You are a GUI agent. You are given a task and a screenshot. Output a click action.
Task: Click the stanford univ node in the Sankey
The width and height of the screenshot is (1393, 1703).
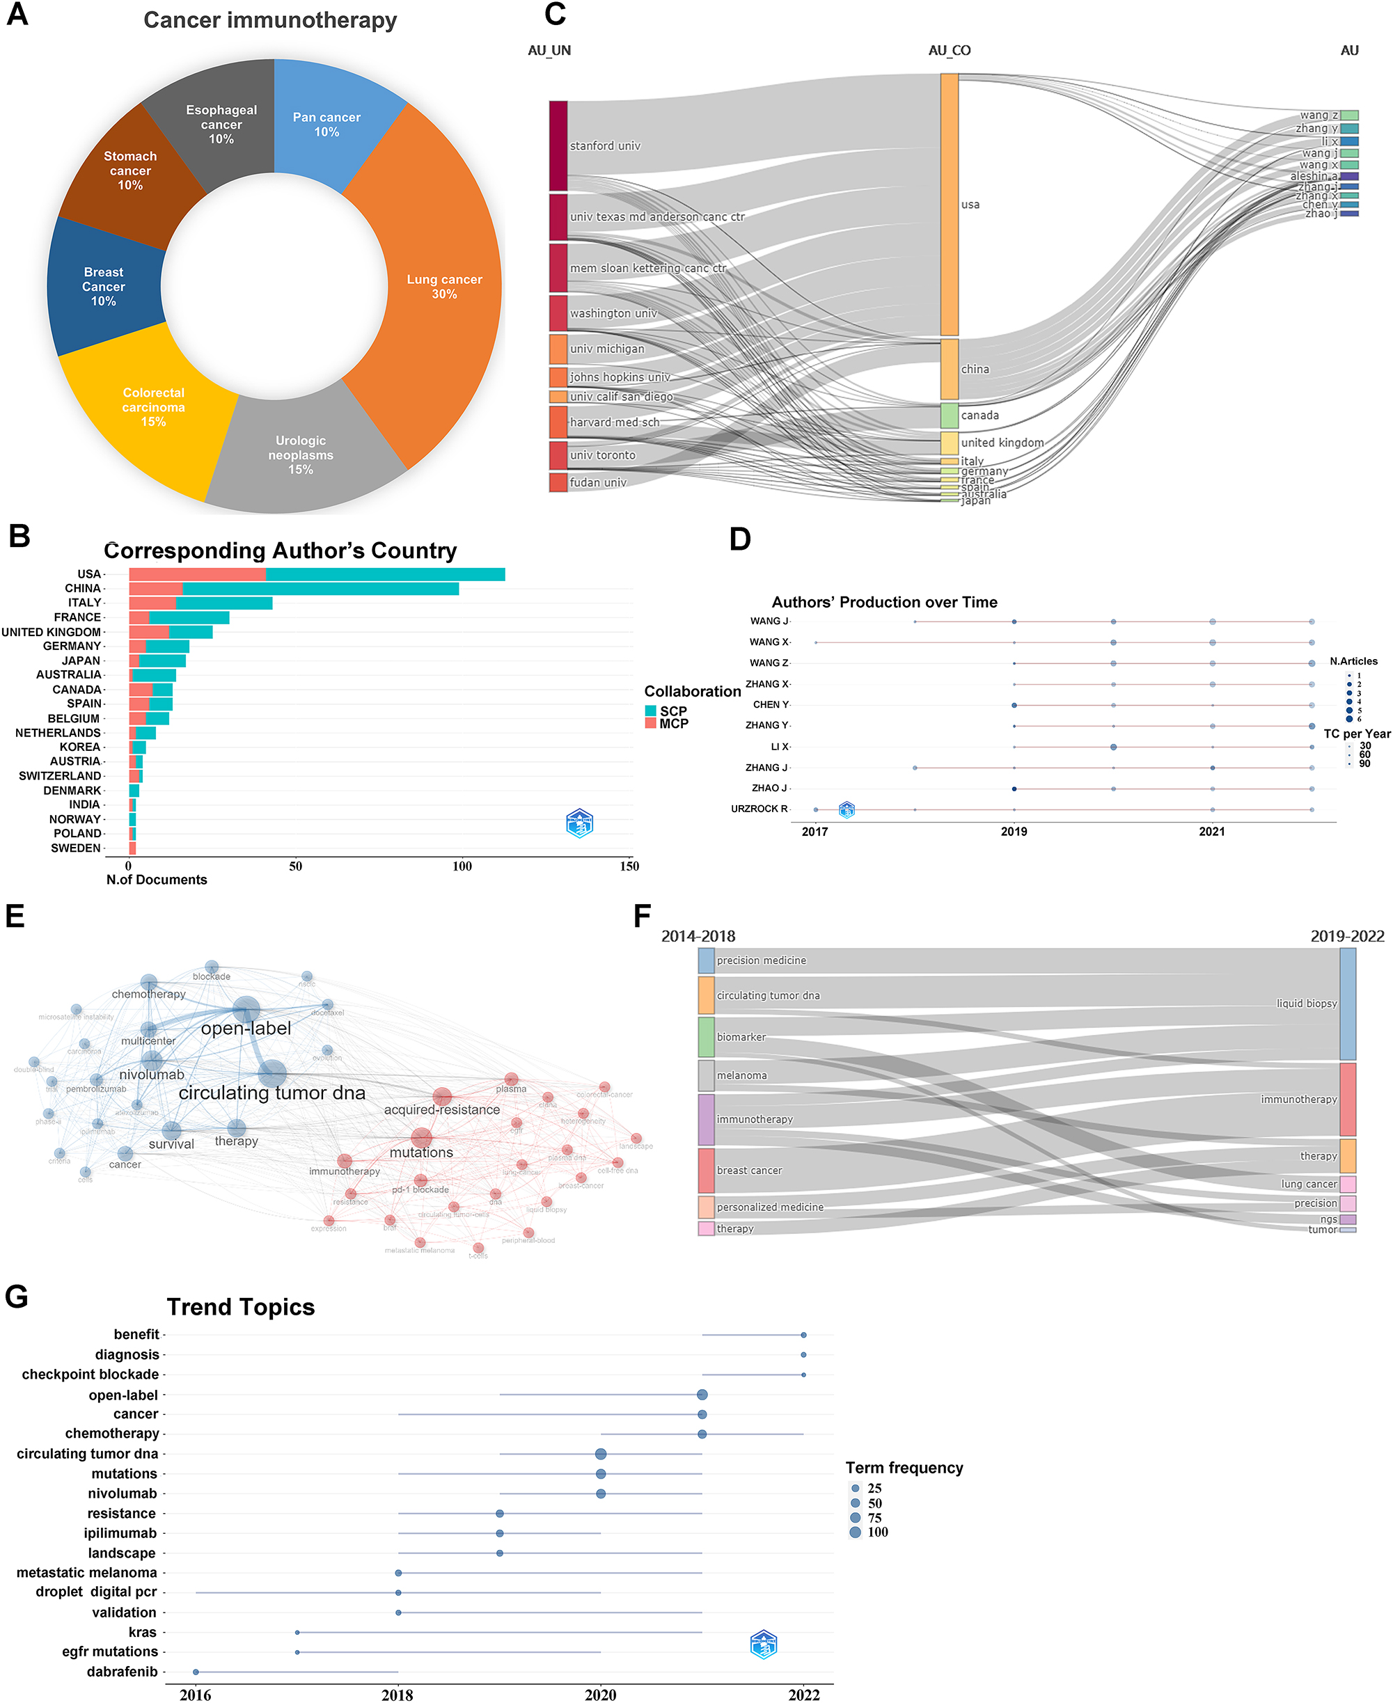(x=558, y=146)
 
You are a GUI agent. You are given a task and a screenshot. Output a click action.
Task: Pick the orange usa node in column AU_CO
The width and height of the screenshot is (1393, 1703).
(x=950, y=205)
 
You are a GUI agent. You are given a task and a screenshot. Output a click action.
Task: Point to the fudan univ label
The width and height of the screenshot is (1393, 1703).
(x=598, y=482)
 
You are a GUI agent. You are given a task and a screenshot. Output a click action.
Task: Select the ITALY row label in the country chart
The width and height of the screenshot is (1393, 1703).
(x=84, y=603)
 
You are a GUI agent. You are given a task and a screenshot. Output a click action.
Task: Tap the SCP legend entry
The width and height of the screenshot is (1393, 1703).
(x=673, y=711)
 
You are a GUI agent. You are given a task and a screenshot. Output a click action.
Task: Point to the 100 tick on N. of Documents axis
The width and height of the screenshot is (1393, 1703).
(x=462, y=866)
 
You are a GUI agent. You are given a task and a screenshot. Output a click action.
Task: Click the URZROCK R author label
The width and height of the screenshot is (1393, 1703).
(x=759, y=809)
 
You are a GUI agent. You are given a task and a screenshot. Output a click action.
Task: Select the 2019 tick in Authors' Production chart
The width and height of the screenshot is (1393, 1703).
(x=1014, y=831)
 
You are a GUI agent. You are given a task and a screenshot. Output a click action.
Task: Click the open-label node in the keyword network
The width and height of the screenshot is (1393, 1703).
(x=246, y=1010)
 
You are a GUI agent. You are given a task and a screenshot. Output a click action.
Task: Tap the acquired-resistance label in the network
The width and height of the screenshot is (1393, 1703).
(x=441, y=1109)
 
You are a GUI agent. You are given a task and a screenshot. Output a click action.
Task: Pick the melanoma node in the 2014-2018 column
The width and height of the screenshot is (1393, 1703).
(x=706, y=1075)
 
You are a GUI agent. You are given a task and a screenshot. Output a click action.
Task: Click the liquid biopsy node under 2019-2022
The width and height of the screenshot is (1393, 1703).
(x=1348, y=1004)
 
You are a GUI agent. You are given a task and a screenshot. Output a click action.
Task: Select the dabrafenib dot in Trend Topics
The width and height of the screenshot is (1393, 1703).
(x=196, y=1672)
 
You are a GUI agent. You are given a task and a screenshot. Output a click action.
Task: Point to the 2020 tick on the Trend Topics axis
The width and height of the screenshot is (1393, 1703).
(x=600, y=1694)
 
